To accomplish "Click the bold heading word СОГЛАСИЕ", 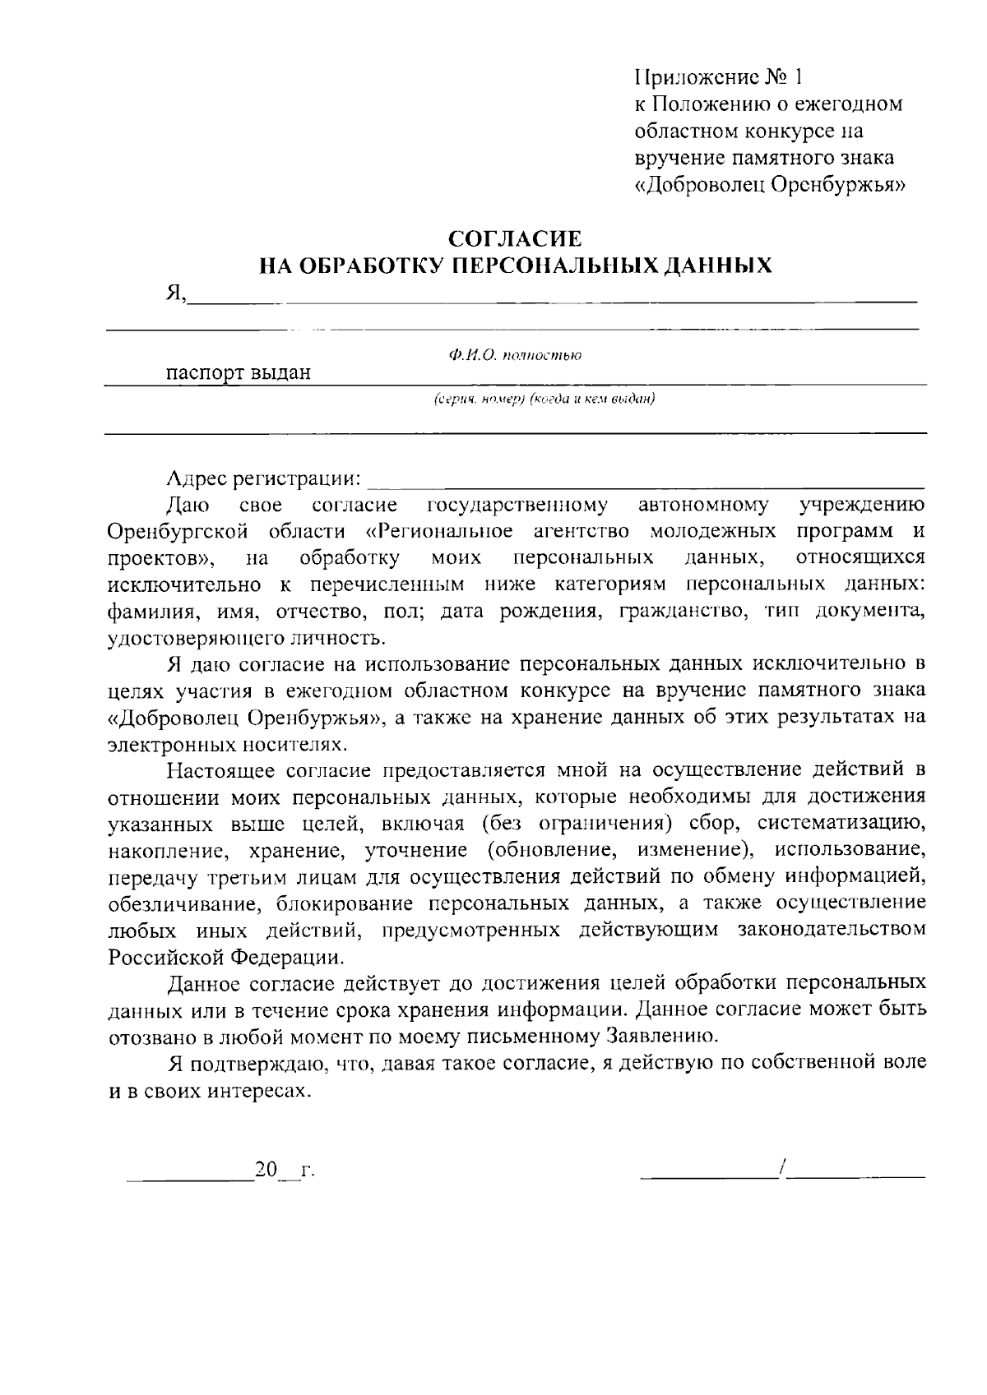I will [x=515, y=239].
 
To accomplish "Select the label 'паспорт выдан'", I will [x=239, y=373].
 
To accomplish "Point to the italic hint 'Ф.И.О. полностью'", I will [x=515, y=355].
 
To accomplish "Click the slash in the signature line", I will [x=786, y=1167].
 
